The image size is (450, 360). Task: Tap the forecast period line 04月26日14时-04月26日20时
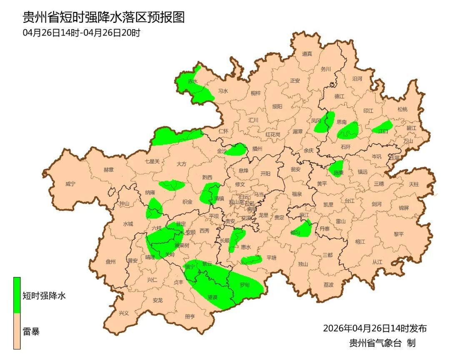pos(82,32)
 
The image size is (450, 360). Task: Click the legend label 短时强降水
pos(44,296)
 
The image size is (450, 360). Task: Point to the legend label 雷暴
pos(31,332)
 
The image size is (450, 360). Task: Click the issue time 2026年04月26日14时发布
pos(375,328)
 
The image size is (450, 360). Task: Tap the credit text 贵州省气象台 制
pos(382,343)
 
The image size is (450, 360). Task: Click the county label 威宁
pos(70,184)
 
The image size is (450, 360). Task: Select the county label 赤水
pos(193,82)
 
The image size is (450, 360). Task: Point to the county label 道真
pos(307,54)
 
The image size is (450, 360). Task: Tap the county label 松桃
pos(402,110)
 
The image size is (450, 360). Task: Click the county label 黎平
pos(399,234)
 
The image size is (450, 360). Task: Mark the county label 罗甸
pos(245,285)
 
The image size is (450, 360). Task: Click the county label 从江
pos(377,262)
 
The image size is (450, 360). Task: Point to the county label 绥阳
pos(277,106)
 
